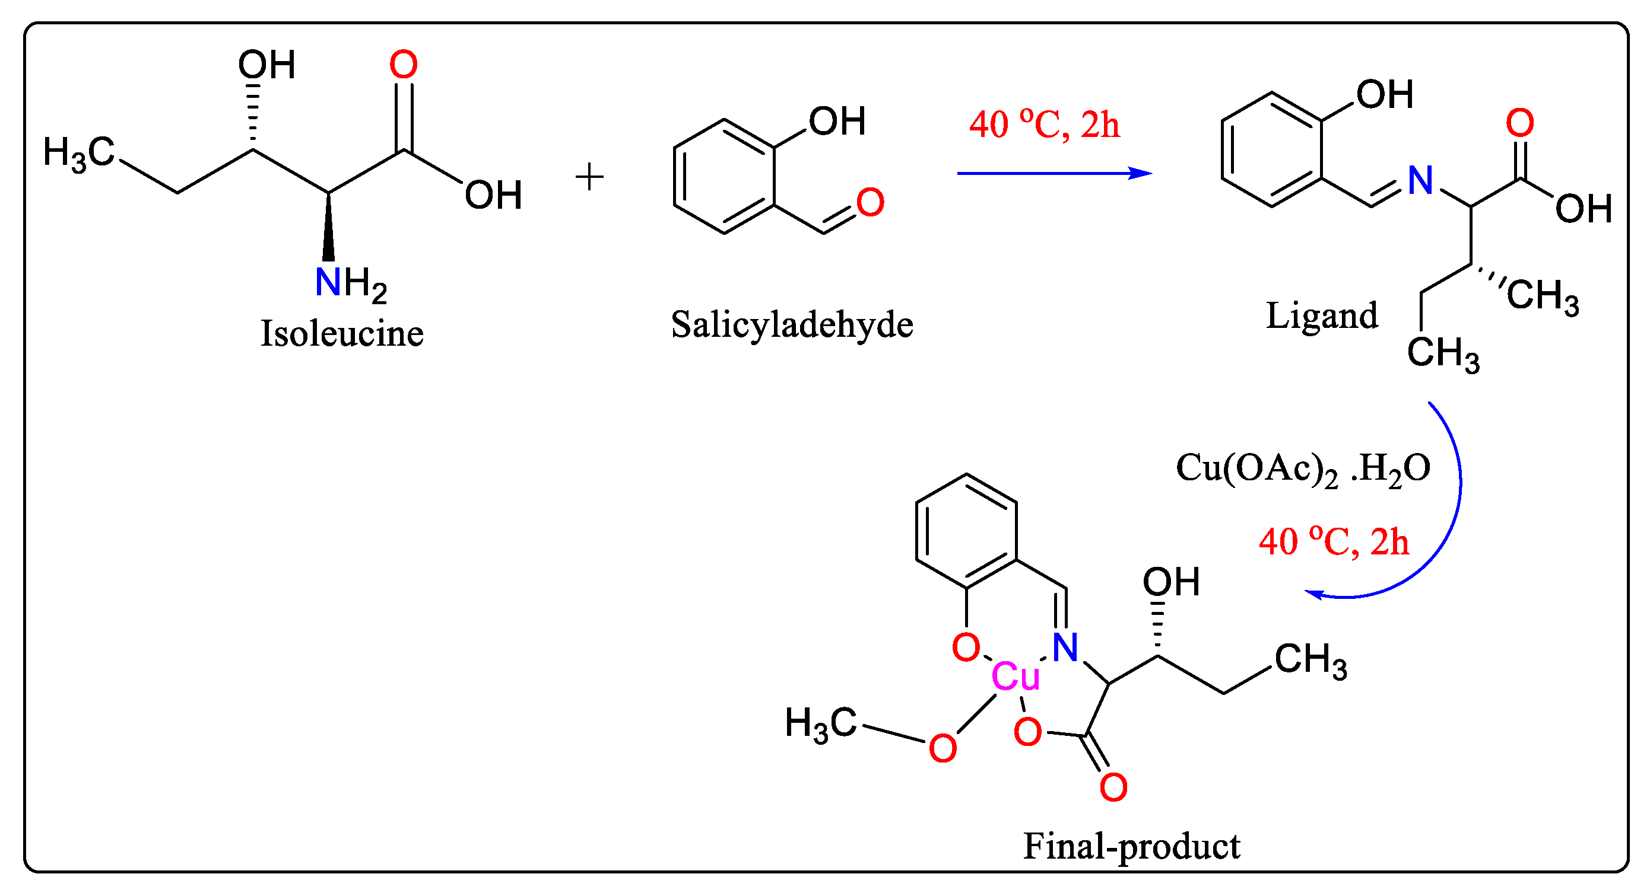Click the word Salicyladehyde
(792, 324)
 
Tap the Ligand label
(1321, 315)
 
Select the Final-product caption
(1131, 846)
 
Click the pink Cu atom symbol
(1016, 677)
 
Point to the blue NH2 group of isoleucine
(350, 282)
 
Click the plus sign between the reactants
(589, 177)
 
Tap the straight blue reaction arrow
(1051, 173)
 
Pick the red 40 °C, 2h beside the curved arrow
(1334, 541)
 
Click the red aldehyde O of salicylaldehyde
(870, 202)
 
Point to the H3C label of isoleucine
(78, 154)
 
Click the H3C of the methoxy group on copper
(820, 724)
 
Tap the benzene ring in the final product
(966, 531)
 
